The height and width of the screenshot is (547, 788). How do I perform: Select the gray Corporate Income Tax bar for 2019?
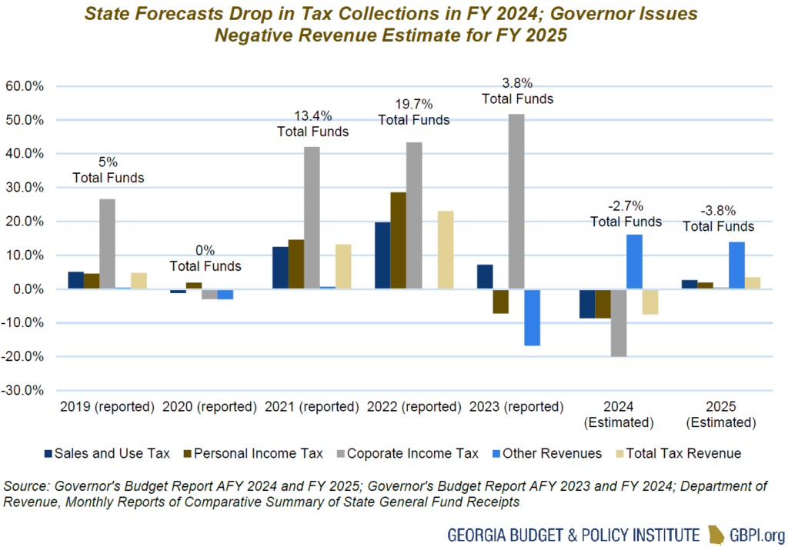coord(107,244)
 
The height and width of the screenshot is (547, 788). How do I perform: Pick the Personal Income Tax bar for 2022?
coord(398,241)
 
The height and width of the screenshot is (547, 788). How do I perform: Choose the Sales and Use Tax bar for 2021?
coord(280,268)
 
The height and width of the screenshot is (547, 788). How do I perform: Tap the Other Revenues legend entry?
coord(544,453)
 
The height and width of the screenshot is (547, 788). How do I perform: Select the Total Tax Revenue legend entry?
coord(676,453)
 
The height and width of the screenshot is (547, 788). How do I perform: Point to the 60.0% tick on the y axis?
coord(25,86)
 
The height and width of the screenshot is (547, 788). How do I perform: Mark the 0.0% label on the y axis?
coord(27,289)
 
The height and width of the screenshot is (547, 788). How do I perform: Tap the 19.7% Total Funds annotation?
coord(413,112)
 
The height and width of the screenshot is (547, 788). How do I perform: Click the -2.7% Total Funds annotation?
coord(626,214)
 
